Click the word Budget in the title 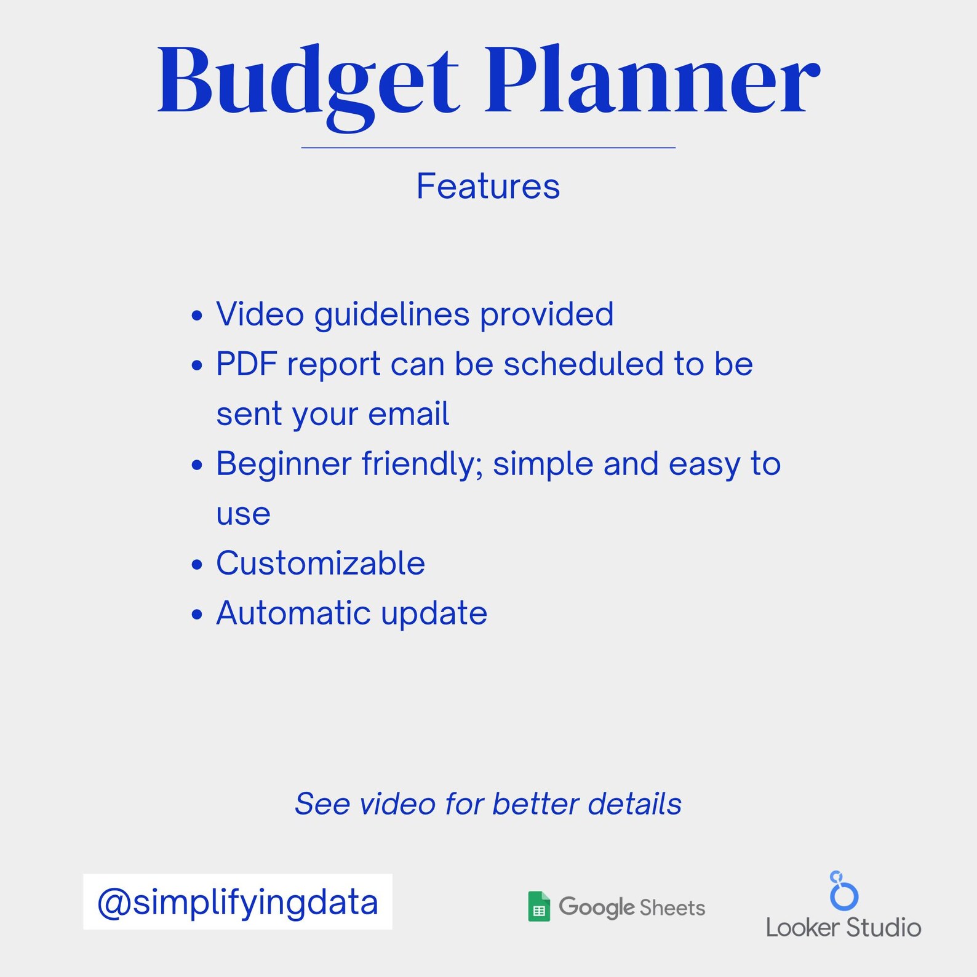pos(308,83)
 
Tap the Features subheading pos(488,186)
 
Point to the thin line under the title pos(488,148)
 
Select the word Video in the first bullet pos(260,314)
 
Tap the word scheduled pos(583,364)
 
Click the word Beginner pos(284,464)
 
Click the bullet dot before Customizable pos(197,565)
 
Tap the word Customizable pos(321,564)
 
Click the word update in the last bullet pos(434,613)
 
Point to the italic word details pos(634,804)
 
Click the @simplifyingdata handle pos(237,902)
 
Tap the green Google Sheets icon pos(539,907)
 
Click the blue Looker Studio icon pos(843,891)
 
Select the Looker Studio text pos(843,927)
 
